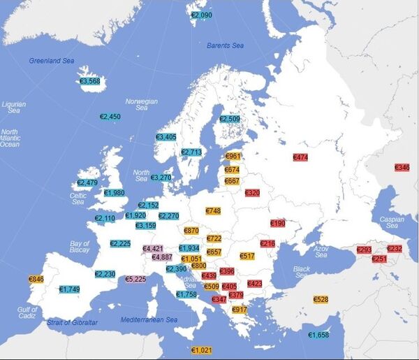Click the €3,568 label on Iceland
90,81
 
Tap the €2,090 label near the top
201,15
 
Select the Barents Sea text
226,45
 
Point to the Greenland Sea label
51,61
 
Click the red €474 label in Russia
300,158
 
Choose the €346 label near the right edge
402,168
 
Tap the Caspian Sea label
392,222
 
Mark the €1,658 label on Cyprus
318,336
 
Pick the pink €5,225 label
135,279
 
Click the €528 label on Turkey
321,299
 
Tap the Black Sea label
302,272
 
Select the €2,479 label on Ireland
87,183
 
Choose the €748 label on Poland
214,210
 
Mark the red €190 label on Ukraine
278,223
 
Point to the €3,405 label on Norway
166,137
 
